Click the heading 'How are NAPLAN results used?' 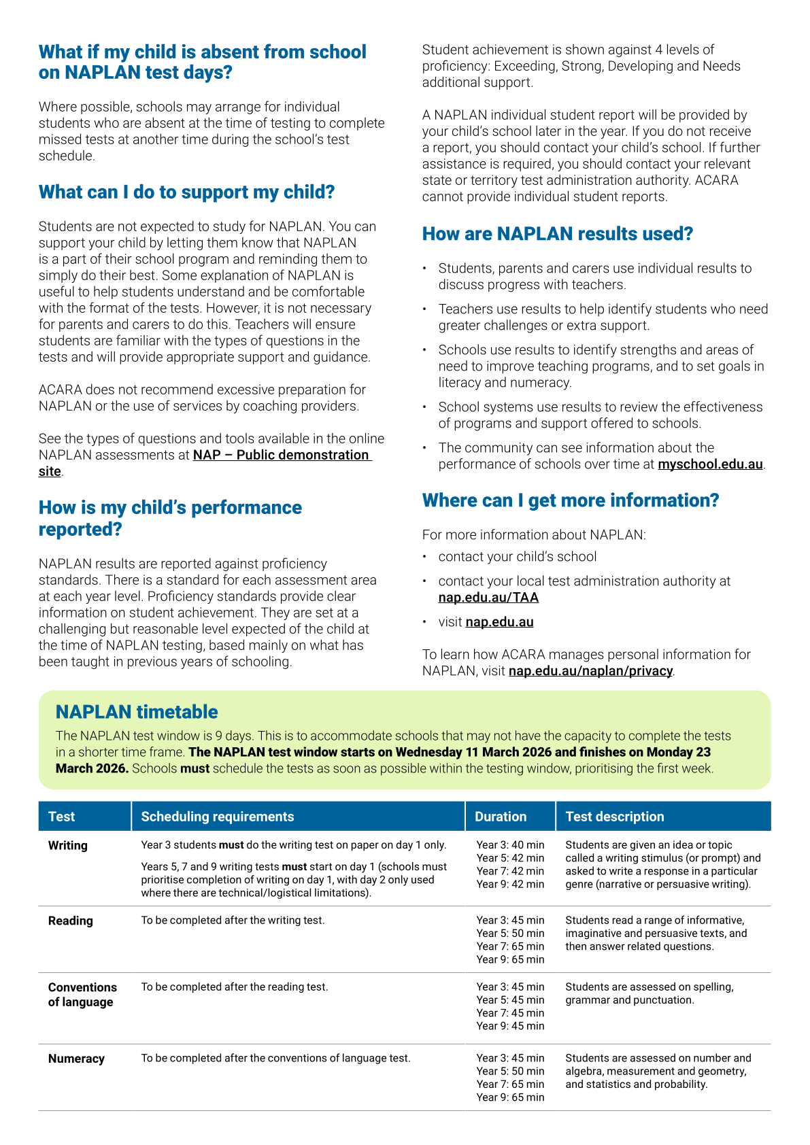coord(557,234)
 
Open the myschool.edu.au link coord(710,464)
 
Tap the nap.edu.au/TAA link coord(488,598)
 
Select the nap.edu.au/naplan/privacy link coord(590,671)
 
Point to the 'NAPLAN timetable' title coord(137,712)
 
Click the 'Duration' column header coord(501,817)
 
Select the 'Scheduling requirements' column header coord(218,817)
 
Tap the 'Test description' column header coord(615,817)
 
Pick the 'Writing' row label coord(68,846)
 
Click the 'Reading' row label coord(70,921)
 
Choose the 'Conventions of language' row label coord(82,995)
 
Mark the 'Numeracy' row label coord(76,1059)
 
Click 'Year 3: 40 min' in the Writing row coord(510,845)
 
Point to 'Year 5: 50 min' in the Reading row coord(510,934)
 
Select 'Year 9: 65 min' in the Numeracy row coord(510,1097)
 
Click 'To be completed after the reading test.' coord(234,987)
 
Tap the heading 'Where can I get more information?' coord(570,500)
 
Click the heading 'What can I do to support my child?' coord(186,192)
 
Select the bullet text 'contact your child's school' coord(517,557)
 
